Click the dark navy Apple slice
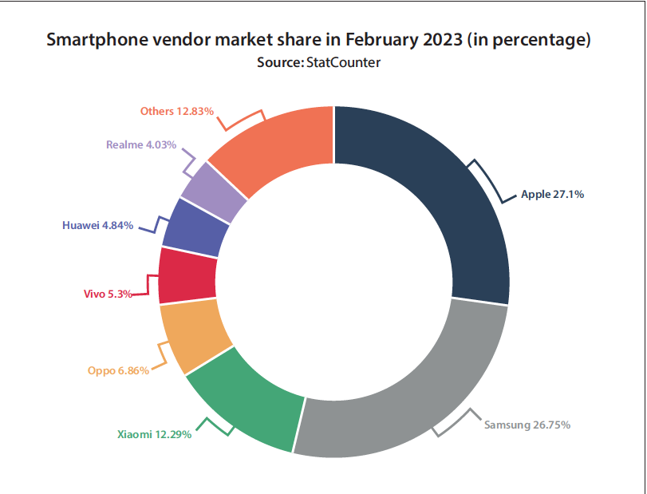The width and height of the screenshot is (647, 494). tap(447, 200)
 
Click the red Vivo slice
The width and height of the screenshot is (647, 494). tap(187, 275)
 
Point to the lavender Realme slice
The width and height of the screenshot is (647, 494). tap(213, 192)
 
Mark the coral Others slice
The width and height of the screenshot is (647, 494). tap(279, 148)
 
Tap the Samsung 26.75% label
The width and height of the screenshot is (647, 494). tap(527, 425)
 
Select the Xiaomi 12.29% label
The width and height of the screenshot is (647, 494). tap(154, 435)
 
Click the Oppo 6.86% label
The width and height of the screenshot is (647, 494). tap(118, 371)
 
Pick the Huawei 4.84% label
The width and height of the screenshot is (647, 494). tap(97, 225)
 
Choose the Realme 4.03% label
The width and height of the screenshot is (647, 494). tap(140, 145)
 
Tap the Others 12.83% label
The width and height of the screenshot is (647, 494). tap(176, 111)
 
